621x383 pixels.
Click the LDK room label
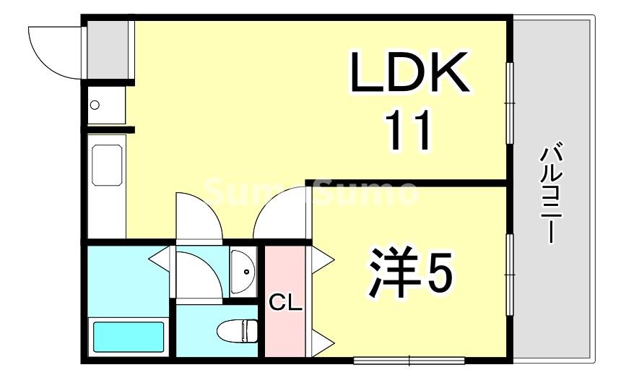point(409,72)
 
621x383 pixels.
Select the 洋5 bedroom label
point(409,274)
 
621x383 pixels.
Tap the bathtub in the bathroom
point(129,336)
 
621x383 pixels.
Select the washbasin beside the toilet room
point(244,271)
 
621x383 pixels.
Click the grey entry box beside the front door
point(108,49)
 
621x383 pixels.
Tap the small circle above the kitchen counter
point(95,106)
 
